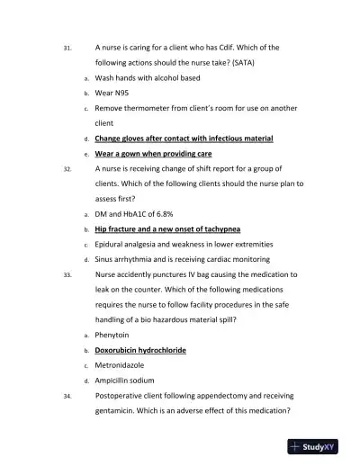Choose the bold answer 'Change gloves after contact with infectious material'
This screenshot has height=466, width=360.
(x=184, y=139)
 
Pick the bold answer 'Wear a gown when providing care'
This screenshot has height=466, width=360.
(x=154, y=154)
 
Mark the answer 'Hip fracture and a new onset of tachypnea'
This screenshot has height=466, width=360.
(x=167, y=229)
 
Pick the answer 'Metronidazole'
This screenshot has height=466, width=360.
(x=125, y=365)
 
